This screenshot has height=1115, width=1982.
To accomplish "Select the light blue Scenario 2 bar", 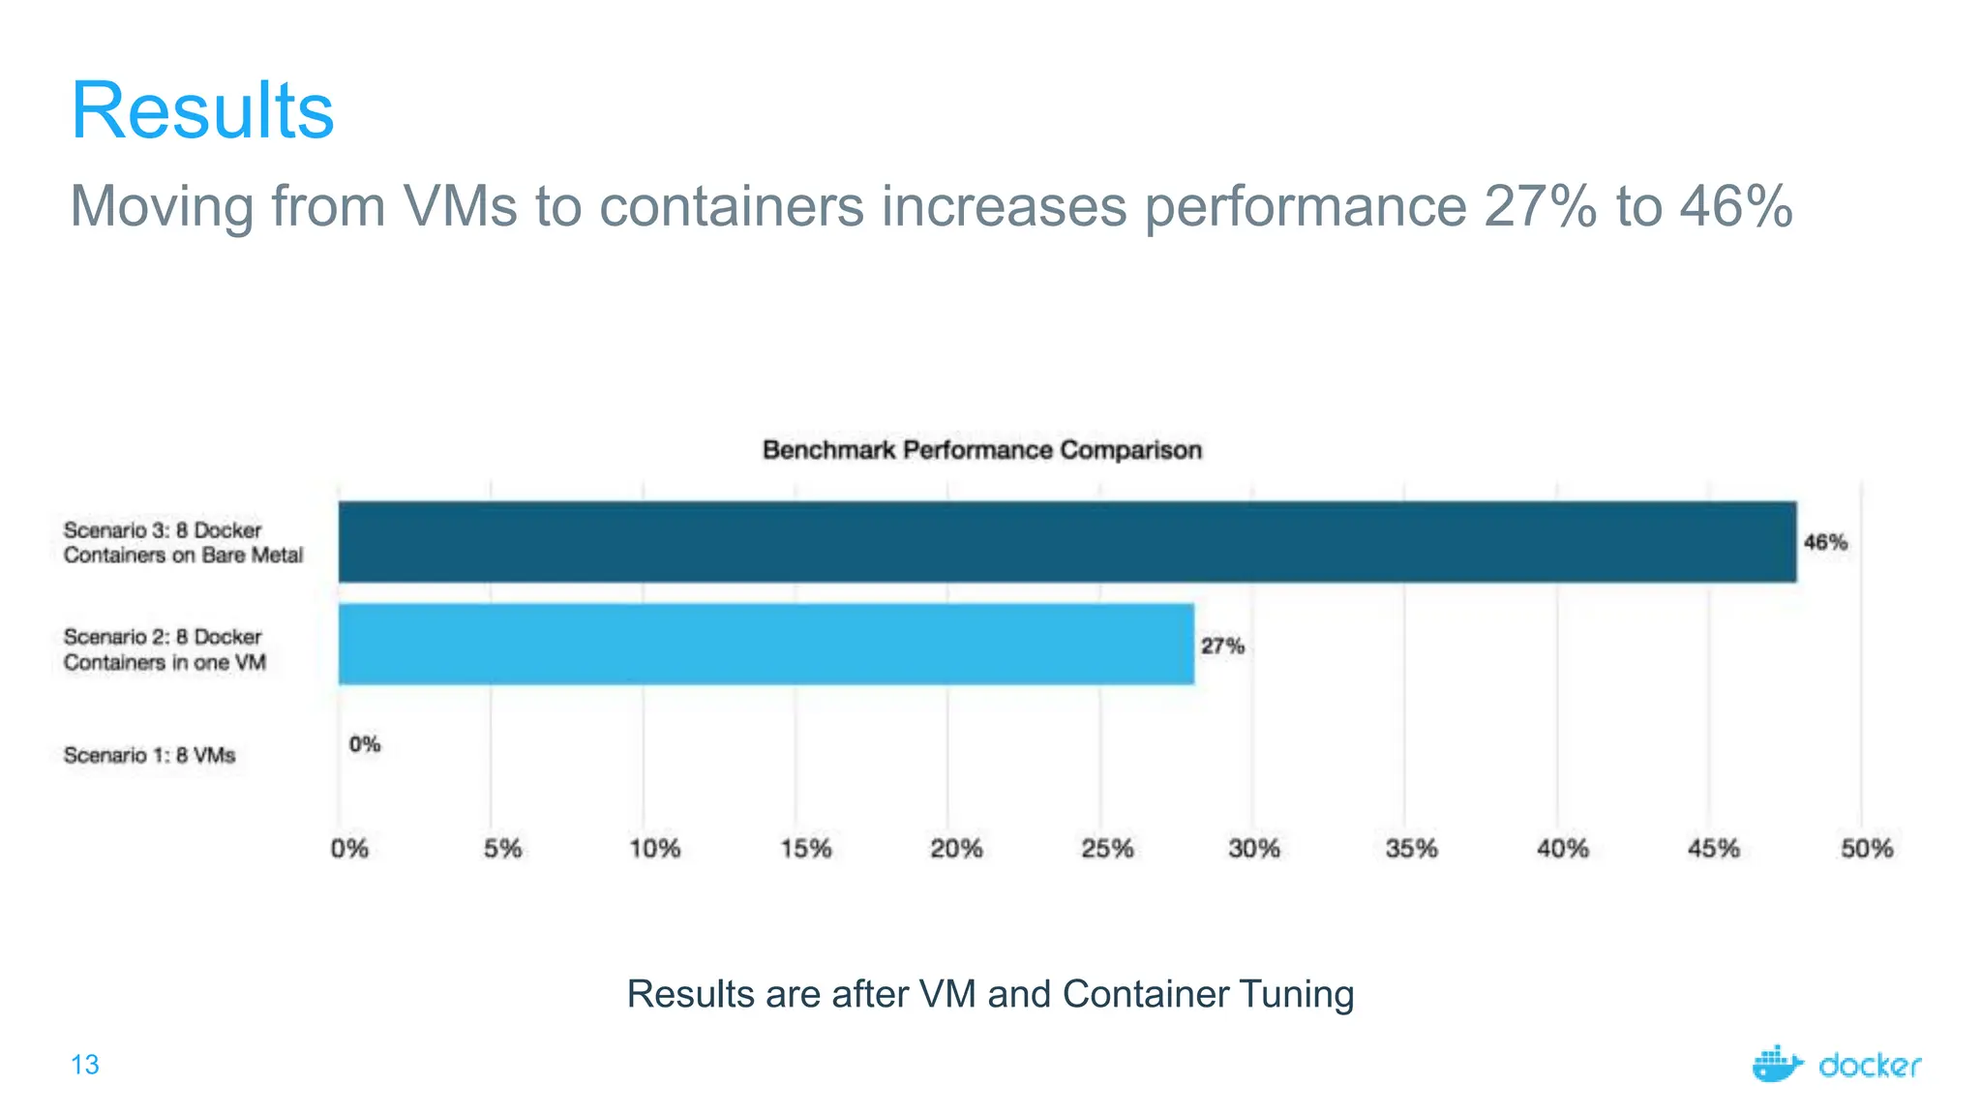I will (x=766, y=645).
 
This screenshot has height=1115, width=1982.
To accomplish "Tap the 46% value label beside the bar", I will (x=1825, y=543).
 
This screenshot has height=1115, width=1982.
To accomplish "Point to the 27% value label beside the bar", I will (x=1222, y=647).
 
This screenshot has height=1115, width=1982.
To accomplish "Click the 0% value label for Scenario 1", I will (x=365, y=744).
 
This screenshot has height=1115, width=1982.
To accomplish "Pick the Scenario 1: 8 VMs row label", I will (x=149, y=755).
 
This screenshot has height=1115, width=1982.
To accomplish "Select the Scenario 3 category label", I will (x=183, y=543).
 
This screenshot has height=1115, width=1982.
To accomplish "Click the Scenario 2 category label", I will (x=165, y=649).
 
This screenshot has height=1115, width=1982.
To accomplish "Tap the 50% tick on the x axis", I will (x=1866, y=849).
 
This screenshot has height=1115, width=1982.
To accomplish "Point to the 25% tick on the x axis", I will (x=1106, y=849).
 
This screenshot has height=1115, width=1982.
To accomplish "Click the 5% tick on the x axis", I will (x=502, y=849).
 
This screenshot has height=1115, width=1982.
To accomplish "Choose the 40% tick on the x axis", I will (x=1562, y=849).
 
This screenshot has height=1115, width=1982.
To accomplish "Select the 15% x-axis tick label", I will (x=805, y=849).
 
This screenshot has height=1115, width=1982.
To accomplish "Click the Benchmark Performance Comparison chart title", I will (x=981, y=450).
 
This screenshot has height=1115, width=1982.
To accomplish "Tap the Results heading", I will (x=202, y=110).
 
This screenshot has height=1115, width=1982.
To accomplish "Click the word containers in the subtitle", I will (x=731, y=206).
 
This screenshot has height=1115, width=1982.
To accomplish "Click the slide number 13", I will (x=85, y=1065).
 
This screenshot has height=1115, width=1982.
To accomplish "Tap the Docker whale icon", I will (x=1777, y=1064).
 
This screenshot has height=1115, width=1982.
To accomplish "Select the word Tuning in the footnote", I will (x=1296, y=995).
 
